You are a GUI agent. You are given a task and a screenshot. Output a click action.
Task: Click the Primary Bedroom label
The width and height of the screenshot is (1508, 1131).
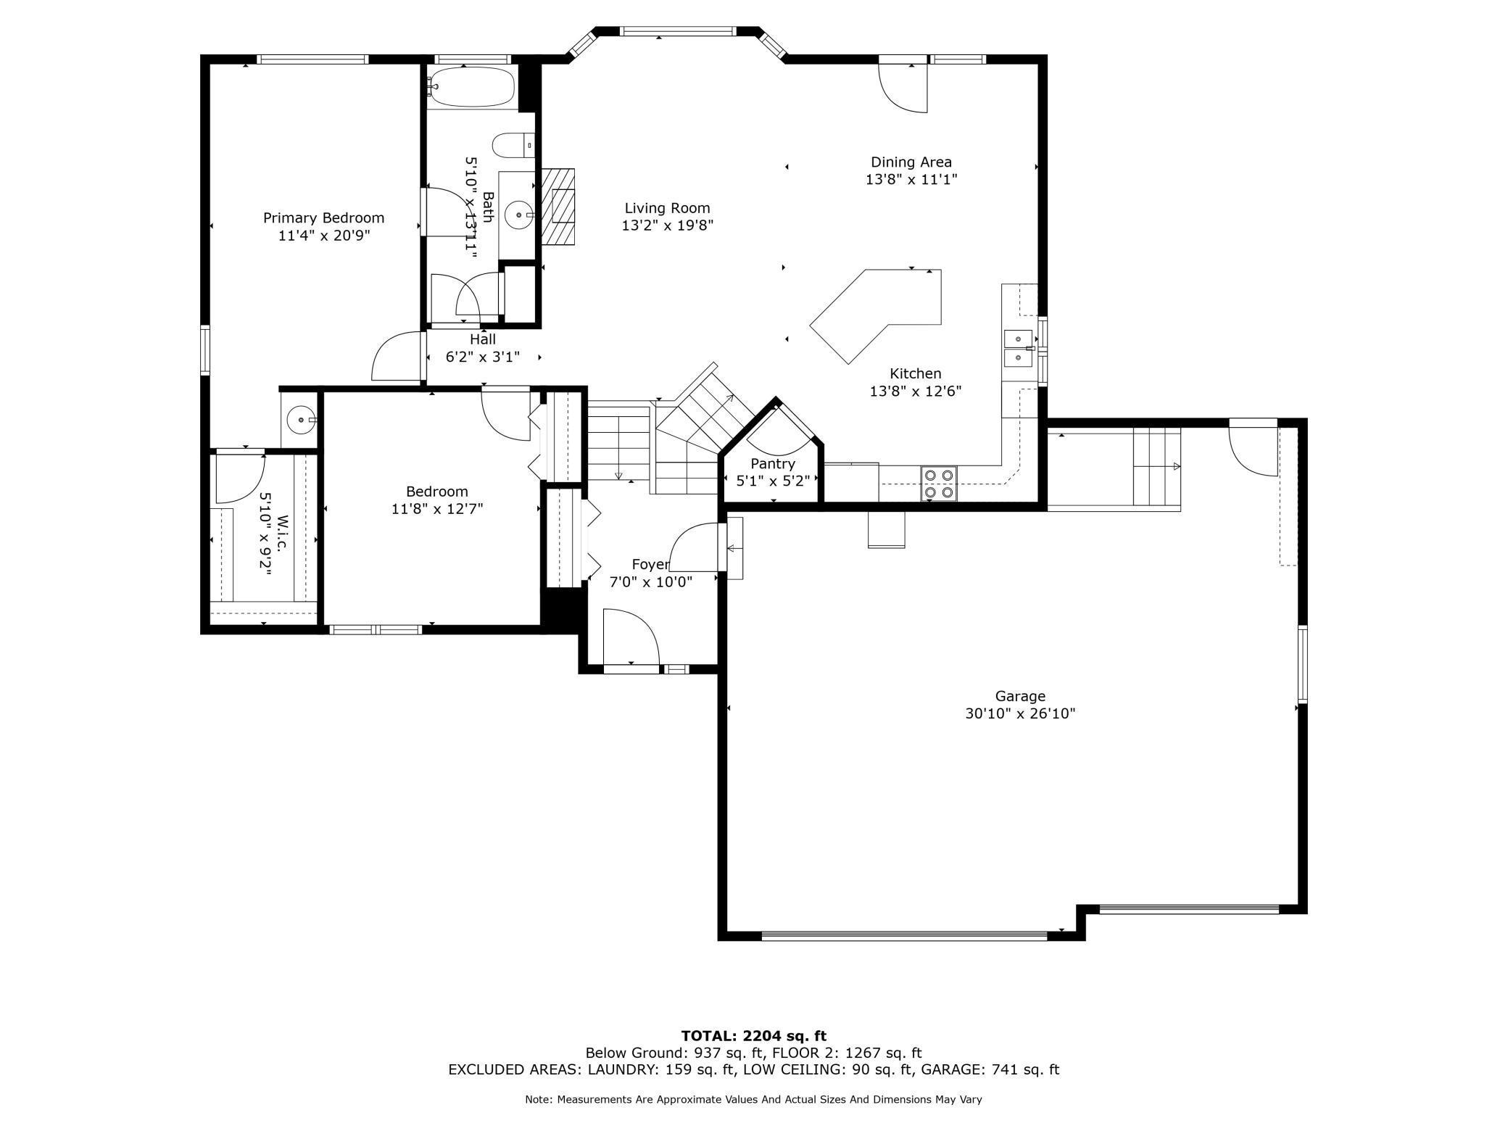323,217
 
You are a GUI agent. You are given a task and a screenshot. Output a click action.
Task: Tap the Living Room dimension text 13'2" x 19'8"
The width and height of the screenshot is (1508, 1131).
668,225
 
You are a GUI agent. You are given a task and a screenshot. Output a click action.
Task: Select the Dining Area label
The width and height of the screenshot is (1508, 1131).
911,162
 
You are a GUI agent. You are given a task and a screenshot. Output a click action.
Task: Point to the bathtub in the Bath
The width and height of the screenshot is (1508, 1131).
471,87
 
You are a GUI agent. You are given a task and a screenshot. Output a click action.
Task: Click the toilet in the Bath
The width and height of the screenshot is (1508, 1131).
513,145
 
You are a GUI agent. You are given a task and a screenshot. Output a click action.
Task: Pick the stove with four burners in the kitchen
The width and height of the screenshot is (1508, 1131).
939,484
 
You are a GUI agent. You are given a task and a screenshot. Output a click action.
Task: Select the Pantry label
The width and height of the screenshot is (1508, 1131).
773,463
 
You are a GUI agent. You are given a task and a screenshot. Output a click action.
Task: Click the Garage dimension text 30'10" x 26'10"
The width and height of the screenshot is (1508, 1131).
1020,713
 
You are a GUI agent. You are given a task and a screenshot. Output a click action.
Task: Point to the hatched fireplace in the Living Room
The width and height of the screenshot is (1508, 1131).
557,207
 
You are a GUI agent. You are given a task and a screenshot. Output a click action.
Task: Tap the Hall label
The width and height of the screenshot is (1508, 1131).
483,339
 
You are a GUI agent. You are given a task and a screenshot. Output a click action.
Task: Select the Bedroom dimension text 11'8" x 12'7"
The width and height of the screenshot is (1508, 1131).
437,509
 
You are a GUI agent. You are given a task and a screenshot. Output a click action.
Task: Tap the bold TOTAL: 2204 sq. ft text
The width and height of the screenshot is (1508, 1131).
754,1036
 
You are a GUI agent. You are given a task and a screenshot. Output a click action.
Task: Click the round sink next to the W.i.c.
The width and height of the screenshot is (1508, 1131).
300,420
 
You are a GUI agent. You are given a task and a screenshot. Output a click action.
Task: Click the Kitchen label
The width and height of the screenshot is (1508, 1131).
916,373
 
